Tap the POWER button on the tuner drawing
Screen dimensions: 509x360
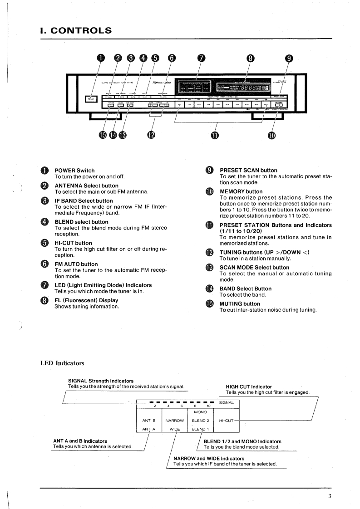[89, 100]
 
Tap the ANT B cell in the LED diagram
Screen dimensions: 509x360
[149, 420]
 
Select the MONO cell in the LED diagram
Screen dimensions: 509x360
[200, 412]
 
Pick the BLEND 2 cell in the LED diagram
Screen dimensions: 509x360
[200, 420]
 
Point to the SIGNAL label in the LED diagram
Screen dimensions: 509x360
[227, 402]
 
